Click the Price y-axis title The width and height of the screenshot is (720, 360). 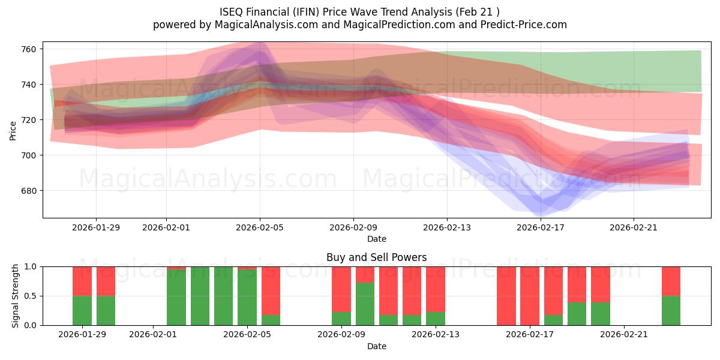coord(13,130)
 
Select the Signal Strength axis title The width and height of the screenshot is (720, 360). coord(16,296)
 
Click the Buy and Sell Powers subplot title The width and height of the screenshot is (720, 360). coord(376,257)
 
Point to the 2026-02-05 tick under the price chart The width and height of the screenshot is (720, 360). coord(260,227)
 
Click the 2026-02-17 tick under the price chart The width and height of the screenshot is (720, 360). coord(541,227)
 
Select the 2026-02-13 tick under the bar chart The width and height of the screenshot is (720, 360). coord(436,335)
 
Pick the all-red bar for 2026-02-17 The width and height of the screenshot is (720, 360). coord(530,296)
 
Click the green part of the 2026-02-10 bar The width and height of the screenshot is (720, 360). coord(365,304)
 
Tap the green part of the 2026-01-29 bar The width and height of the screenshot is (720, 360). coord(82,310)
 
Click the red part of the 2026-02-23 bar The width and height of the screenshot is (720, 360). coord(671,281)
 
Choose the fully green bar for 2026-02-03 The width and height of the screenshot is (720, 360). coord(200,296)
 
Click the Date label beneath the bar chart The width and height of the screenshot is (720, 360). coord(376,346)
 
